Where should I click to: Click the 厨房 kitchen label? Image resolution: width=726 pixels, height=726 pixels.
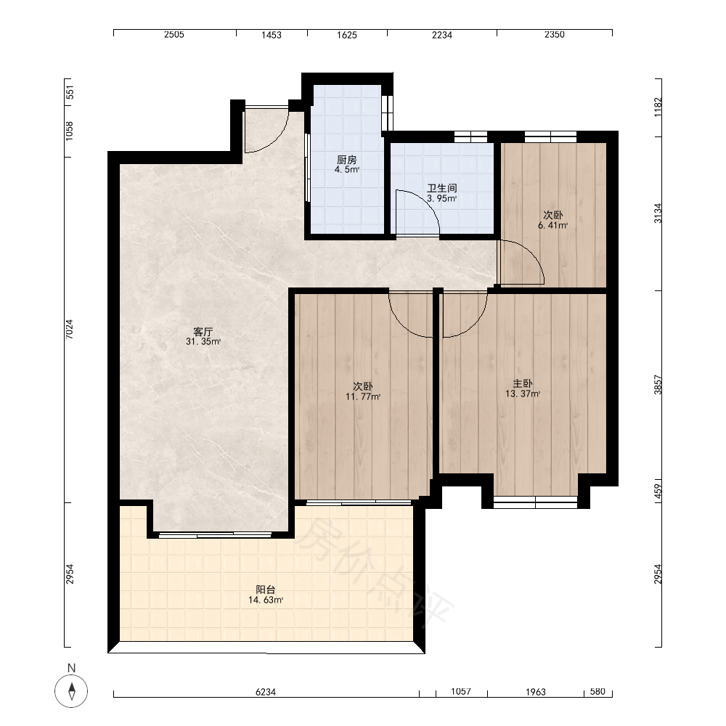click(347, 160)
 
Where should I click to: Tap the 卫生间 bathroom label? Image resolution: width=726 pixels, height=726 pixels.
click(441, 188)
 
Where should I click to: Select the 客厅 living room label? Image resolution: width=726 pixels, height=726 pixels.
click(203, 332)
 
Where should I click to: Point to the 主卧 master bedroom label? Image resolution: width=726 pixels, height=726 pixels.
click(522, 383)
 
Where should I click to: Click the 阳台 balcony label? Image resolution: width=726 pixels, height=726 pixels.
click(266, 590)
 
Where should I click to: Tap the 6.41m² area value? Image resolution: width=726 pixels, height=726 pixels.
click(552, 226)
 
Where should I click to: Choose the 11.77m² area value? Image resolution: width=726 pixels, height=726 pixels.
click(363, 396)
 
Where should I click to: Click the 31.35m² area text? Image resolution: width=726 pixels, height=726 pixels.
click(203, 342)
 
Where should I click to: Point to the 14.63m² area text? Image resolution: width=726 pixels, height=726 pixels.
click(266, 600)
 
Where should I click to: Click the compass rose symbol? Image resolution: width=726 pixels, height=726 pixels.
click(71, 691)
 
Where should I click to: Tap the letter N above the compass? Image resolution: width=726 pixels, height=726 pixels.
click(71, 668)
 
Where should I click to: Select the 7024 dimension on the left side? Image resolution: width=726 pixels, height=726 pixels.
click(70, 329)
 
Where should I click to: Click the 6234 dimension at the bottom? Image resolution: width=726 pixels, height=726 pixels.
click(266, 692)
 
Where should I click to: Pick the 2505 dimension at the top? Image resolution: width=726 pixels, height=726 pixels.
click(174, 34)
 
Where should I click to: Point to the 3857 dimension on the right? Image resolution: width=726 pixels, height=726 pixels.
click(658, 384)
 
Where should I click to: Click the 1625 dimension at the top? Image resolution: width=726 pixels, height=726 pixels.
click(347, 35)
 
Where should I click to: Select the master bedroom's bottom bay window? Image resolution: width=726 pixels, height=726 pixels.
click(535, 502)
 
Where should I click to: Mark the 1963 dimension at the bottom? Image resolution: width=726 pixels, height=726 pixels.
click(536, 692)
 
